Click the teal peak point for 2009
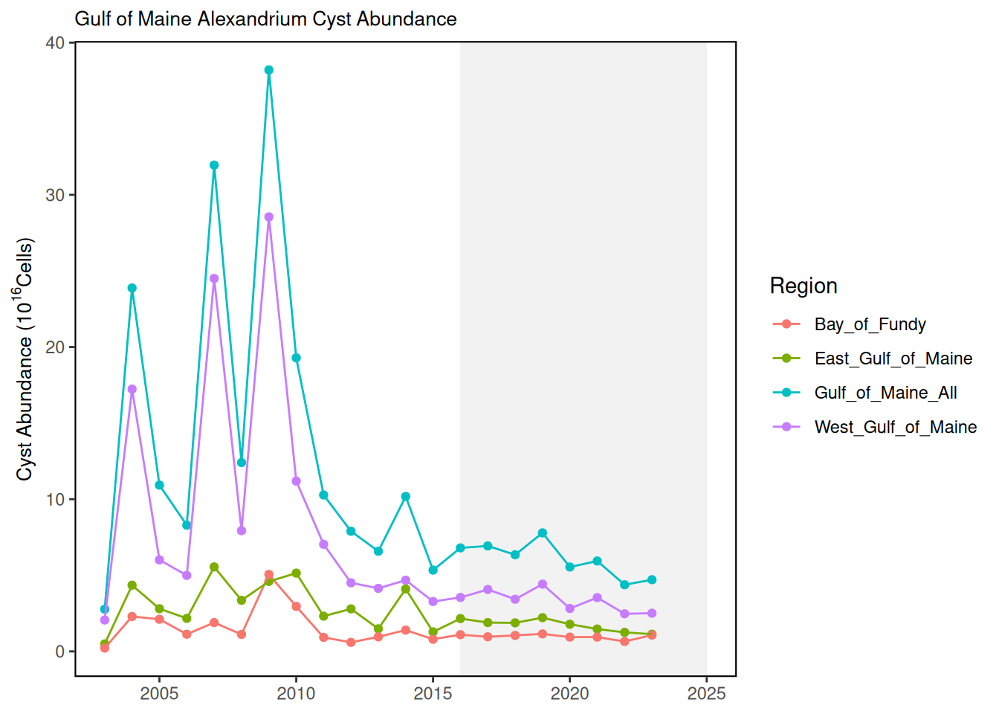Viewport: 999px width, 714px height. (x=269, y=71)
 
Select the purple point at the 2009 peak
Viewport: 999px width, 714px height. (x=269, y=217)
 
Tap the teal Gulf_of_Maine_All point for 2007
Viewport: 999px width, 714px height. (x=214, y=165)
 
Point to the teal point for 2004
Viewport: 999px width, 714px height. (x=132, y=288)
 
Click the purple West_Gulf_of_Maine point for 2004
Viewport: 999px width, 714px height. (x=132, y=389)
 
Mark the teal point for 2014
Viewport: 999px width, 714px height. (x=406, y=496)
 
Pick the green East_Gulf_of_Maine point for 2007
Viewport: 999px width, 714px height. (x=214, y=567)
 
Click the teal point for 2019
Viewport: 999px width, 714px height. (x=543, y=533)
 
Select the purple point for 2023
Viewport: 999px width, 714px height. (x=652, y=613)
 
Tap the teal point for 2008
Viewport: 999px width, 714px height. (x=242, y=463)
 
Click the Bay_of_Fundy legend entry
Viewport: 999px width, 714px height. (x=870, y=324)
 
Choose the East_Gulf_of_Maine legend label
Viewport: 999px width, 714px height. (x=893, y=358)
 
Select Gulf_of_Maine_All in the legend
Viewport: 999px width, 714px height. (x=885, y=393)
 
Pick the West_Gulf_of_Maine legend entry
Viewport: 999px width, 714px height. (x=895, y=427)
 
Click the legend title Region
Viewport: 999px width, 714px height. (x=804, y=286)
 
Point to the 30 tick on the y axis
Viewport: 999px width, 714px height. (x=55, y=195)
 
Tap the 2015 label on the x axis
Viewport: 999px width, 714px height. (x=433, y=693)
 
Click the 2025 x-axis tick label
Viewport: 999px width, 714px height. (x=706, y=693)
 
